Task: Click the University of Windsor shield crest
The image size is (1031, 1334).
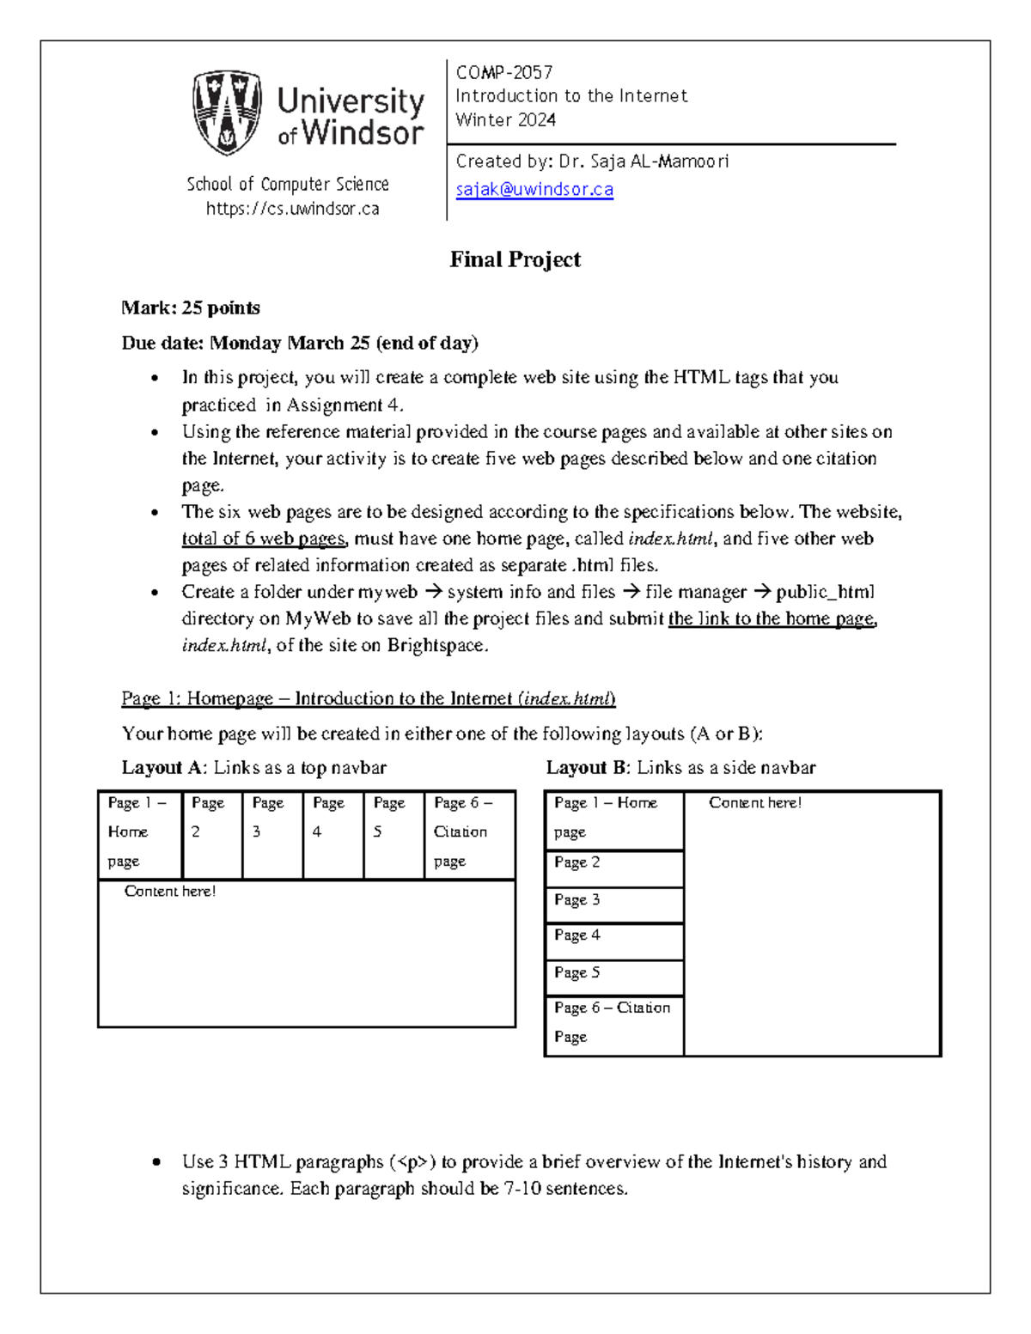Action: tap(227, 113)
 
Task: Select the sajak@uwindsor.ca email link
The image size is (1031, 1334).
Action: tap(534, 189)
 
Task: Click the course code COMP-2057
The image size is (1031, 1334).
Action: tap(503, 72)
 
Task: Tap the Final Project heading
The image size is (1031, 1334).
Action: tap(515, 259)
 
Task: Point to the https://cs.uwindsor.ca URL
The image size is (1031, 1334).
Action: tap(292, 209)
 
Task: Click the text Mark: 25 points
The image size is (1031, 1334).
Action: tap(190, 308)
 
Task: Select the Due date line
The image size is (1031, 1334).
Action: tap(299, 343)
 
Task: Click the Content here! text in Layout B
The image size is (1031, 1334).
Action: tap(754, 802)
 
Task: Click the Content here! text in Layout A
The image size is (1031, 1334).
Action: tap(169, 891)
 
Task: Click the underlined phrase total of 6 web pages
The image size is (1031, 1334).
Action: tap(263, 539)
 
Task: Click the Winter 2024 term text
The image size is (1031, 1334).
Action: tap(505, 120)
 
